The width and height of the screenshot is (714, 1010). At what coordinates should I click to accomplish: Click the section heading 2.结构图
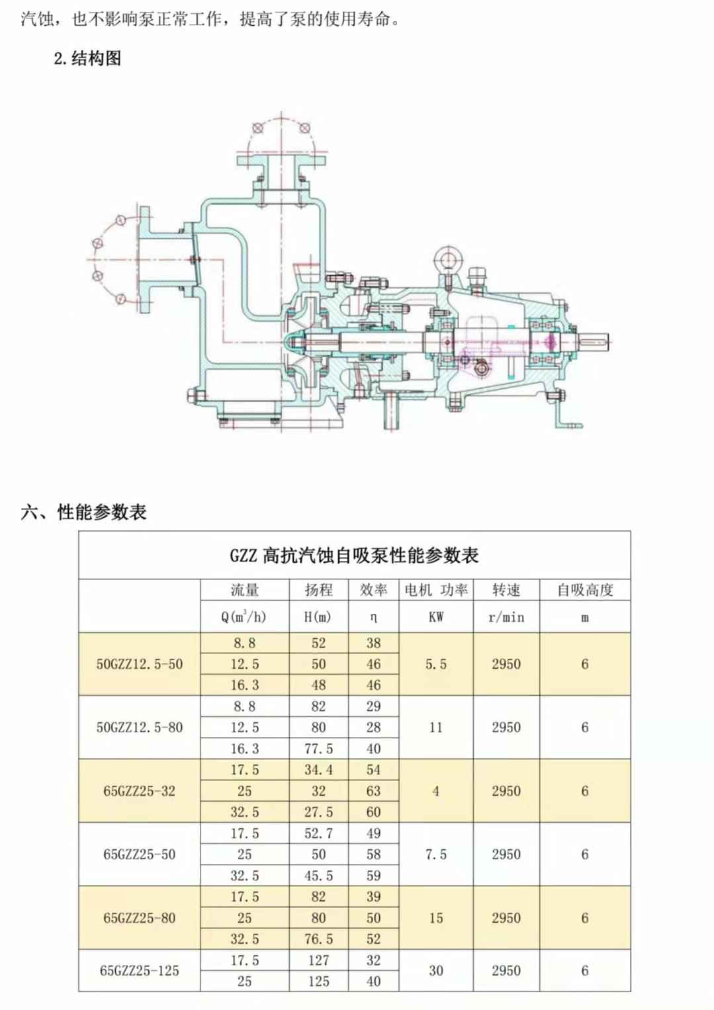pos(87,58)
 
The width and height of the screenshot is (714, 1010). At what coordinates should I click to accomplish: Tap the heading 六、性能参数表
pos(83,512)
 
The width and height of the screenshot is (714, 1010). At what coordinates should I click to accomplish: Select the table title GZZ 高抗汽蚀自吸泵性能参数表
pos(354,556)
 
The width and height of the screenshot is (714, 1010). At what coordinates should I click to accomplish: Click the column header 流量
pos(244,590)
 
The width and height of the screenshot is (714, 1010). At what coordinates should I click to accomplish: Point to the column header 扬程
pos(318,590)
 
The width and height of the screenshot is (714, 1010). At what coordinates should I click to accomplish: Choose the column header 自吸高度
pos(585,590)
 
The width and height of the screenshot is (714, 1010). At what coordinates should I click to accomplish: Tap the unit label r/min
pos(506,618)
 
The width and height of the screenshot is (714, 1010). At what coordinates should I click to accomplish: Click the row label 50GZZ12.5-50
pos(139,664)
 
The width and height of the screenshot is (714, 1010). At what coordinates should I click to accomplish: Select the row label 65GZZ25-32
pos(139,791)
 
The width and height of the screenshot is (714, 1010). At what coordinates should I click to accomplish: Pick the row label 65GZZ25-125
pos(139,971)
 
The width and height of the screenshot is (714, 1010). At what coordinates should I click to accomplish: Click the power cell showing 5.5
pos(435,664)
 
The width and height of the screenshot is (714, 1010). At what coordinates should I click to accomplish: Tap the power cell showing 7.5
pos(435,855)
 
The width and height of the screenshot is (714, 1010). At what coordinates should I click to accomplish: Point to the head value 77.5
pos(318,749)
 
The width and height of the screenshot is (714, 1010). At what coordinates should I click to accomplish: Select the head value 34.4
pos(318,770)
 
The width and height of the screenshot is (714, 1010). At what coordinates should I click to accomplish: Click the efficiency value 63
pos(373,791)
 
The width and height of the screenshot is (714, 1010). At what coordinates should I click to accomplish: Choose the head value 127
pos(318,960)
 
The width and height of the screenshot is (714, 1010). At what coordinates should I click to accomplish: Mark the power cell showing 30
pos(435,971)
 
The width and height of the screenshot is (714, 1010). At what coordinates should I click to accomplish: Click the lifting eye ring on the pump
pos(449,258)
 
